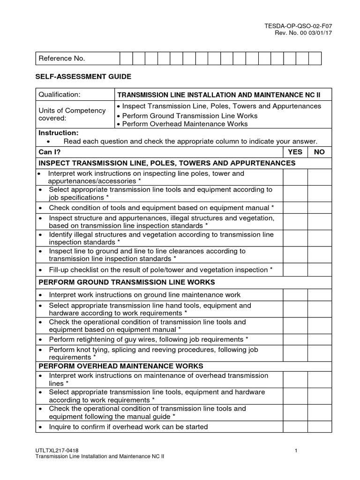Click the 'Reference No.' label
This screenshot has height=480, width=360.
click(x=61, y=59)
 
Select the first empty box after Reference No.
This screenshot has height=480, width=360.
click(x=126, y=59)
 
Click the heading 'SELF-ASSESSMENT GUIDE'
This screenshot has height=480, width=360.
click(x=84, y=76)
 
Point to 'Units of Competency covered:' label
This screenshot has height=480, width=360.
click(x=65, y=114)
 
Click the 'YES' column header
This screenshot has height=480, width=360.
click(x=295, y=152)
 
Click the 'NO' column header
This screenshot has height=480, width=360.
click(x=319, y=152)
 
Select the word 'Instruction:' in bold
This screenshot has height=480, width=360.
click(x=59, y=133)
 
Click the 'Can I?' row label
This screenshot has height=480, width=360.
click(x=50, y=152)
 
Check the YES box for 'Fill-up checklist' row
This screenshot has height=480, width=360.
click(x=295, y=270)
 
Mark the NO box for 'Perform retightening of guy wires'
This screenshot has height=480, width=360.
click(x=319, y=339)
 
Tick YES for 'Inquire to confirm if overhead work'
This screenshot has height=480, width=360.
click(x=295, y=427)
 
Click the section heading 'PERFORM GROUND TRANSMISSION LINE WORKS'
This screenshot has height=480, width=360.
click(x=127, y=282)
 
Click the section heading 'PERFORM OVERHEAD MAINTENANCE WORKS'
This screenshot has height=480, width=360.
click(x=120, y=366)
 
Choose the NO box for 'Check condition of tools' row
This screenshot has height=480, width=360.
click(x=319, y=208)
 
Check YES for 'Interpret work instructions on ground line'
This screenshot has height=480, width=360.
click(x=295, y=295)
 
